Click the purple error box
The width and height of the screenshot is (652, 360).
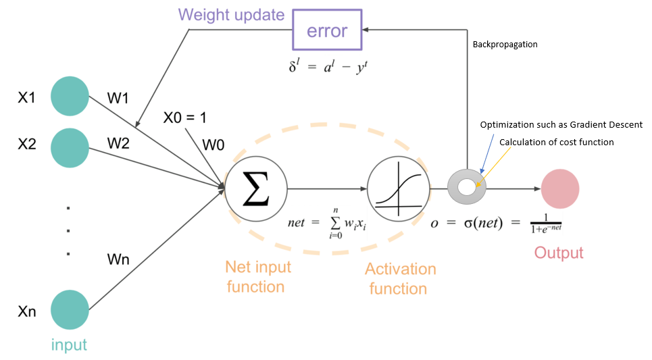328,31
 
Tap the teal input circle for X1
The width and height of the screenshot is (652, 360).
70,96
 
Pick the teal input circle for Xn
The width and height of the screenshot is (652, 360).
70,310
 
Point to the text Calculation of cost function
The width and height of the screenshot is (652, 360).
556,142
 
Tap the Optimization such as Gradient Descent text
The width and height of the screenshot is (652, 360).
561,125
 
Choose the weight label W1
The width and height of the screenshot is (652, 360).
119,99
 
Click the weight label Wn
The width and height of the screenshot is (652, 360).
119,259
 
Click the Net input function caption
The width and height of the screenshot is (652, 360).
258,276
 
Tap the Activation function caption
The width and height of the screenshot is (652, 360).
401,278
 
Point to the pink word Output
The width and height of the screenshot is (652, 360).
558,253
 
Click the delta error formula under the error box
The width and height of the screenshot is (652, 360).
327,68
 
